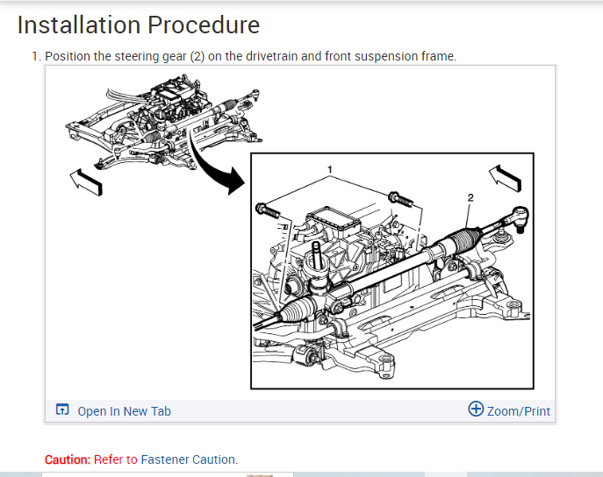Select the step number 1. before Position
pos(36,56)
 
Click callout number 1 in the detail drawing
pos(329,167)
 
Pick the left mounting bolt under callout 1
pos(267,210)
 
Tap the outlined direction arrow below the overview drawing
pos(86,182)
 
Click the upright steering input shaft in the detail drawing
pos(314,260)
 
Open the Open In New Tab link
pos(124,410)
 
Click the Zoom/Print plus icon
pos(477,409)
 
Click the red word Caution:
pos(68,459)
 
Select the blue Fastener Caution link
pos(188,459)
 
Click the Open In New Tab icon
pos(62,410)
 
